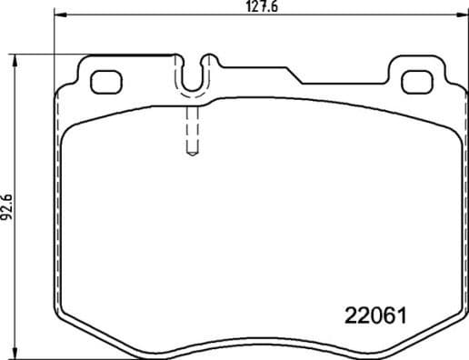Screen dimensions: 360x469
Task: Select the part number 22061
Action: pyautogui.click(x=374, y=315)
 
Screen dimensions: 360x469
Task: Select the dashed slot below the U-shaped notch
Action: pyautogui.click(x=192, y=132)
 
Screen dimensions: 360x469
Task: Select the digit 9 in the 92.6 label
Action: pyautogui.click(x=8, y=216)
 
